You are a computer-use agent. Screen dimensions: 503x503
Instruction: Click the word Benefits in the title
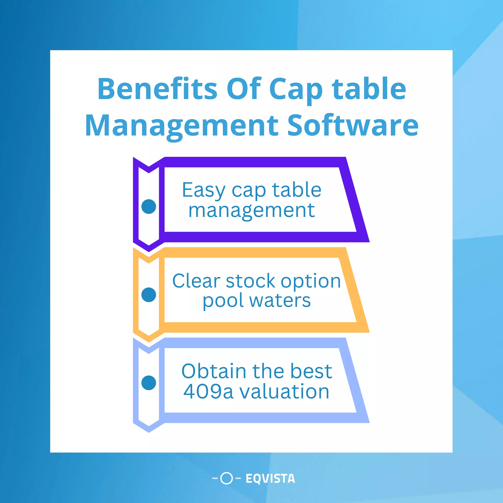157,89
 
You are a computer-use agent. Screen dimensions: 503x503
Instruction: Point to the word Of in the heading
244,89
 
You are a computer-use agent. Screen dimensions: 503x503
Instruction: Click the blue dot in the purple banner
149,207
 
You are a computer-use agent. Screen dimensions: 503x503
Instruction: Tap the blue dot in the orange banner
149,295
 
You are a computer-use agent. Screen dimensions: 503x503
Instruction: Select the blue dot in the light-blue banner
149,383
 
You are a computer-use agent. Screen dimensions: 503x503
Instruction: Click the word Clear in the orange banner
196,281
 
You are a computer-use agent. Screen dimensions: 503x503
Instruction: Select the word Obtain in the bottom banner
214,371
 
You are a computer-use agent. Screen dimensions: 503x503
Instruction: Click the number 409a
208,391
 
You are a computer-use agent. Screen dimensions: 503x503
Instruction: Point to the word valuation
284,391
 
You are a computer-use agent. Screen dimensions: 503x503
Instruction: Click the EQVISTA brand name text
270,478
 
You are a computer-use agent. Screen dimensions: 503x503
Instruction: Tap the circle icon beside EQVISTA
226,478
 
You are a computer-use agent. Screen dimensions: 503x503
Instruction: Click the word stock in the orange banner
251,281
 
